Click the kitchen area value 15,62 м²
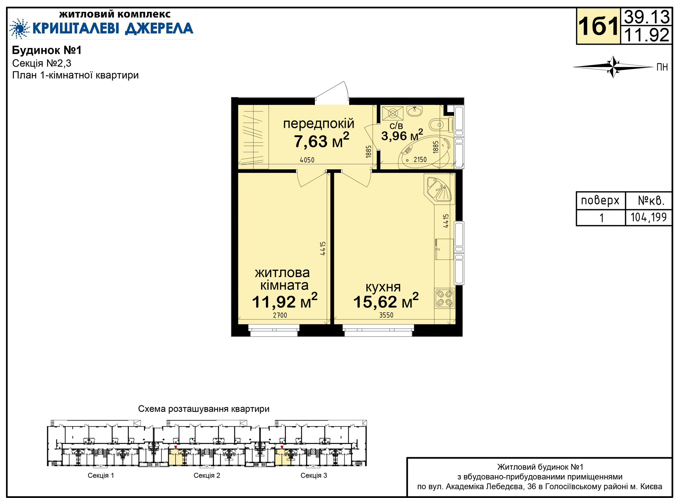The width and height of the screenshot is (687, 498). pyautogui.click(x=386, y=301)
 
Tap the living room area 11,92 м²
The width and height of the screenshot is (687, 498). pyautogui.click(x=284, y=301)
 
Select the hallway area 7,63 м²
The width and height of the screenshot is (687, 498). pyautogui.click(x=321, y=141)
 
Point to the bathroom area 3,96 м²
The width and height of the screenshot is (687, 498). pyautogui.click(x=402, y=136)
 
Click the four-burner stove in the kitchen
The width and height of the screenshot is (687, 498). pyautogui.click(x=444, y=298)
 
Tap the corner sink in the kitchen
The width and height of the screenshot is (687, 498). pyautogui.click(x=439, y=188)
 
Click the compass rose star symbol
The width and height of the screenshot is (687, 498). pyautogui.click(x=613, y=67)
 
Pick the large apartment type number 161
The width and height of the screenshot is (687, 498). pyautogui.click(x=598, y=26)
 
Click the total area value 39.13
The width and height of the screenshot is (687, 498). pyautogui.click(x=647, y=17)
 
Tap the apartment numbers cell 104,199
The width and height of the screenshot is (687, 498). pyautogui.click(x=648, y=217)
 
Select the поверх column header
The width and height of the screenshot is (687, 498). pyautogui.click(x=600, y=200)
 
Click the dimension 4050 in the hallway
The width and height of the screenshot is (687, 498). pyautogui.click(x=307, y=160)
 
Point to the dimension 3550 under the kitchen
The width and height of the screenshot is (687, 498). pyautogui.click(x=386, y=315)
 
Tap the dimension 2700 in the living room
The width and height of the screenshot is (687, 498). pyautogui.click(x=280, y=315)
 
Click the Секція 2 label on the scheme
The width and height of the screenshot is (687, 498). pyautogui.click(x=207, y=475)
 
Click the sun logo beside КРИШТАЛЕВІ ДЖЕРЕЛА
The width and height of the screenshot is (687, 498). pyautogui.click(x=19, y=28)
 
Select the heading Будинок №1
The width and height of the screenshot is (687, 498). pyautogui.click(x=47, y=50)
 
